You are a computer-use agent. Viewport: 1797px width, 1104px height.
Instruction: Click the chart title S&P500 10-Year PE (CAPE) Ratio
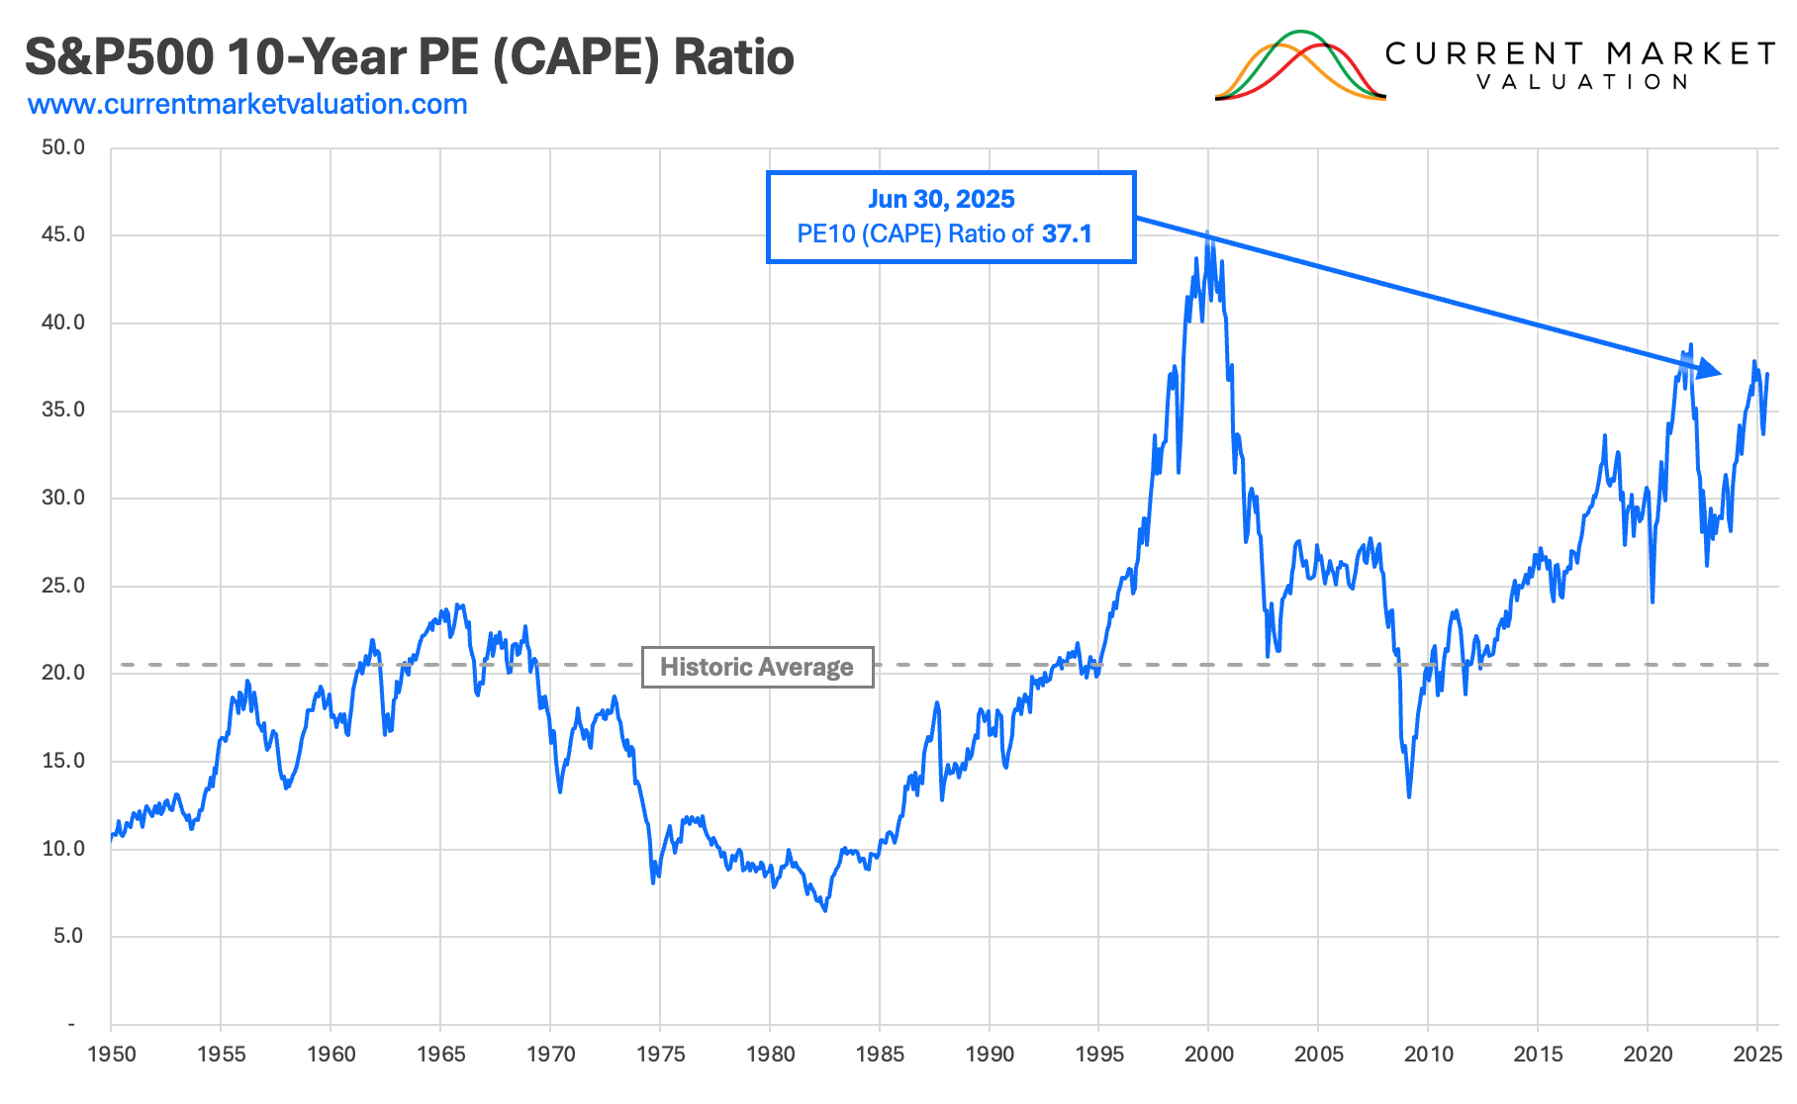coord(409,57)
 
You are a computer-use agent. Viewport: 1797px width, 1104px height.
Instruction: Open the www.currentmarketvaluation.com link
coord(247,104)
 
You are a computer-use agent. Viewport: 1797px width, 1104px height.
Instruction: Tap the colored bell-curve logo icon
coord(1299,66)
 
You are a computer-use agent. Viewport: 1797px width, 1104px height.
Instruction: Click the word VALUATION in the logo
coord(1581,82)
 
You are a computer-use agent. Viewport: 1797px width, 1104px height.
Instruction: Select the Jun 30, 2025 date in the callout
coord(941,199)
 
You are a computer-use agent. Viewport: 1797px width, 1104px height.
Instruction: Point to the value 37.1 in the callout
coord(1067,234)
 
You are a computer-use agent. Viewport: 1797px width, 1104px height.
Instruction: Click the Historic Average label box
coord(757,667)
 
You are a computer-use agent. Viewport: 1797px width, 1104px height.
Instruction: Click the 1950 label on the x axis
coord(111,1055)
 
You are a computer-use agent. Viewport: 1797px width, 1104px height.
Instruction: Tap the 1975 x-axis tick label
coord(660,1055)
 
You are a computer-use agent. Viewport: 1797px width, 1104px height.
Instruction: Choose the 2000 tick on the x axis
coord(1208,1055)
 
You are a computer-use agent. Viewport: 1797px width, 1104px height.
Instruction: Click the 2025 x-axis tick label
coord(1757,1055)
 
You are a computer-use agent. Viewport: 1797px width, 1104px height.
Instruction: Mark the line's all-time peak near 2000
coord(1208,235)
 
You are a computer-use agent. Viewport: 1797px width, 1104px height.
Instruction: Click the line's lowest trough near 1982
coord(825,909)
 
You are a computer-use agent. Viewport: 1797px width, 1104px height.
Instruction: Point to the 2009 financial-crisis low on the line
coord(1409,796)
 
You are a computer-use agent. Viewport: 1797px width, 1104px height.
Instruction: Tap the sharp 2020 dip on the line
coord(1653,600)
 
